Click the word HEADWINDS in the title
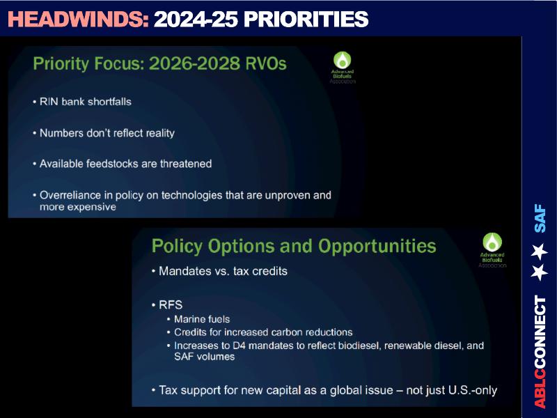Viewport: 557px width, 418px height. (78, 20)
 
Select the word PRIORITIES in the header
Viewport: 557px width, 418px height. (306, 20)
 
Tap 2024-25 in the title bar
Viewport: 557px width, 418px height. (196, 20)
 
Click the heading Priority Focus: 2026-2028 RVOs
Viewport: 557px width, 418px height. (159, 64)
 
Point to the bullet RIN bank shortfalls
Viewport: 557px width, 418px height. (85, 102)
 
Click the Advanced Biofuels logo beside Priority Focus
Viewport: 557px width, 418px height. (343, 68)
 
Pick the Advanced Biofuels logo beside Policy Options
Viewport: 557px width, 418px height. (492, 250)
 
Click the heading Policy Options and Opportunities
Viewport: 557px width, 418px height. (294, 246)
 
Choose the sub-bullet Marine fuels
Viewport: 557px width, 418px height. (202, 319)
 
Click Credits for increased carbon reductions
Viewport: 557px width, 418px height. (263, 332)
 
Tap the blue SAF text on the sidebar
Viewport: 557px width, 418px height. (540, 218)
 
